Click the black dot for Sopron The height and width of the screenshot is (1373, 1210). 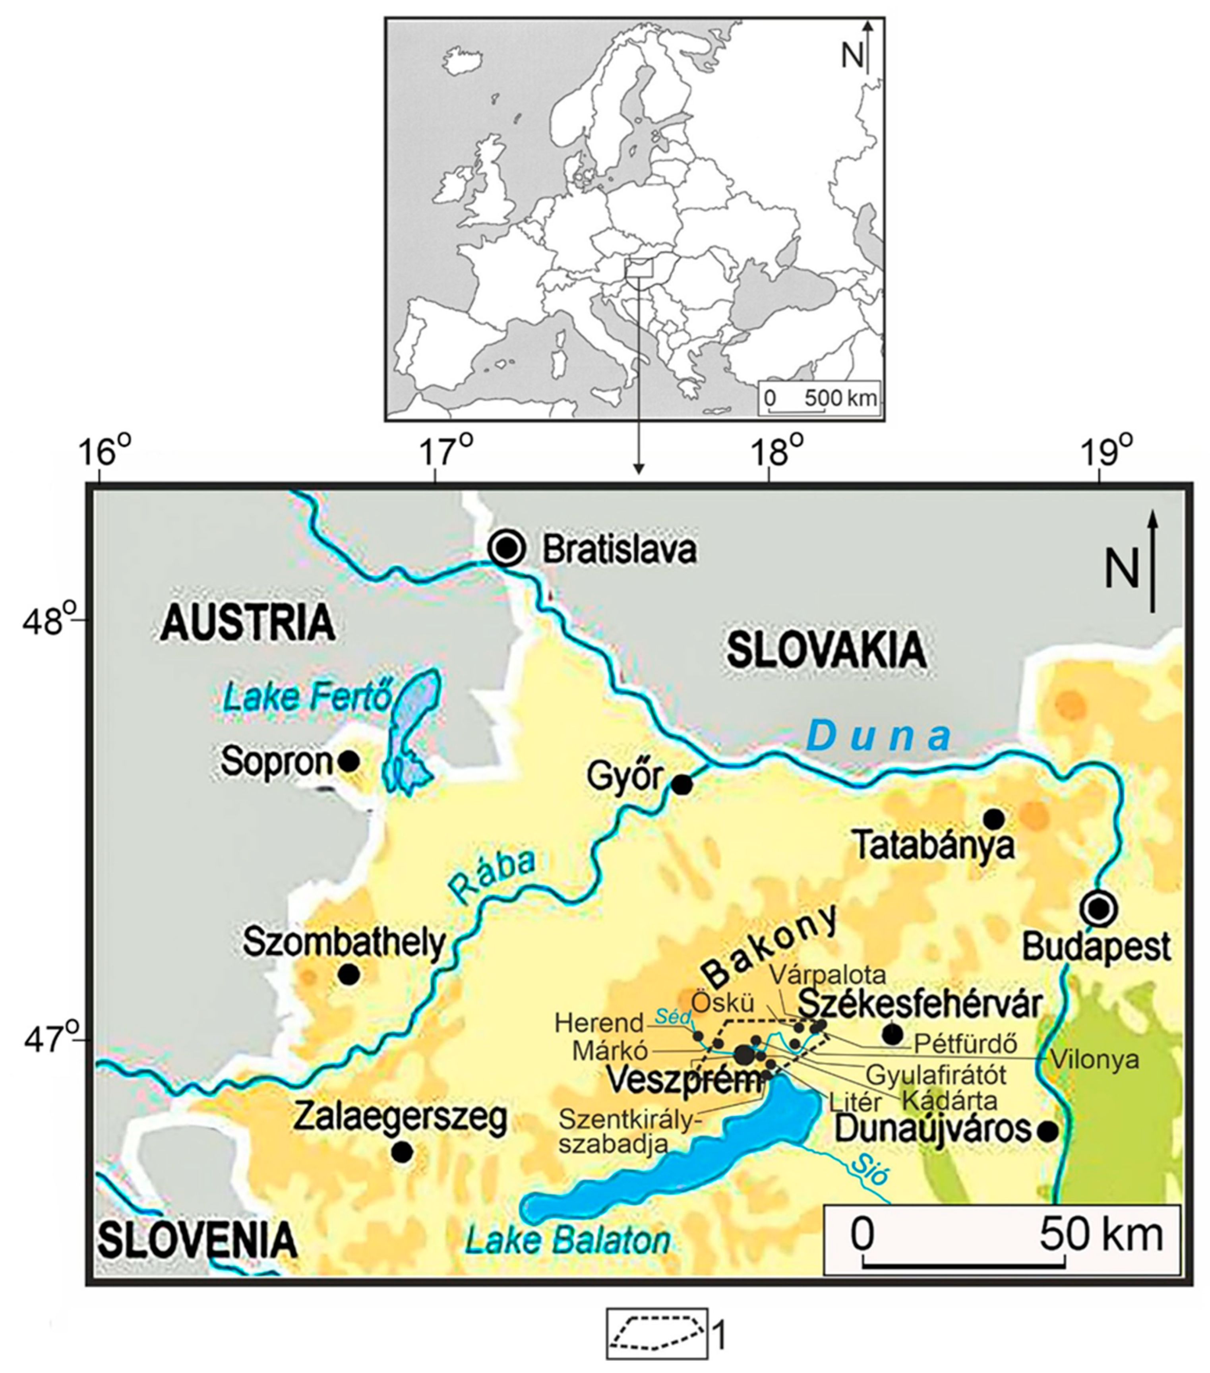(x=348, y=761)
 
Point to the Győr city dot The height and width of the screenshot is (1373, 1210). (x=682, y=784)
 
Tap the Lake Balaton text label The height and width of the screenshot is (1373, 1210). (x=568, y=1240)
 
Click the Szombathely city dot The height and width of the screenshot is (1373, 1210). (x=348, y=974)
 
